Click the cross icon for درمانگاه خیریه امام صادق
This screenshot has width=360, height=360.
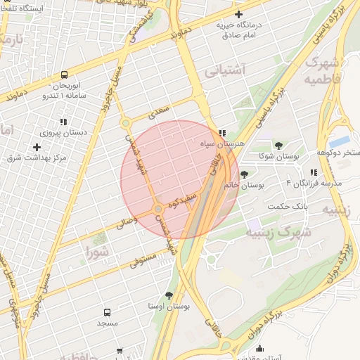(x=239, y=14)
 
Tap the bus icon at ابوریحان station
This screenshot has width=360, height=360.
(x=65, y=74)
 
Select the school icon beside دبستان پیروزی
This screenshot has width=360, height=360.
(x=64, y=122)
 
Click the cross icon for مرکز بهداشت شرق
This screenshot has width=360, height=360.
(x=37, y=147)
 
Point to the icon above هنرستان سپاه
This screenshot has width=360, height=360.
(x=222, y=132)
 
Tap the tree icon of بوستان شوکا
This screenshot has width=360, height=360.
(x=278, y=145)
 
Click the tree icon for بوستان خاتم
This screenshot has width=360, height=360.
(x=244, y=174)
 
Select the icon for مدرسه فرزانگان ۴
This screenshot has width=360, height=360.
(x=314, y=172)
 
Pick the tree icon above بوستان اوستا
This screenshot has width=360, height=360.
(x=169, y=295)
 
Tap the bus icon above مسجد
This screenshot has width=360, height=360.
(x=107, y=311)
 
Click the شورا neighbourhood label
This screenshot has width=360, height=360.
(x=97, y=251)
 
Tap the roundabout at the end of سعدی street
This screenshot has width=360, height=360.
(x=126, y=124)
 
